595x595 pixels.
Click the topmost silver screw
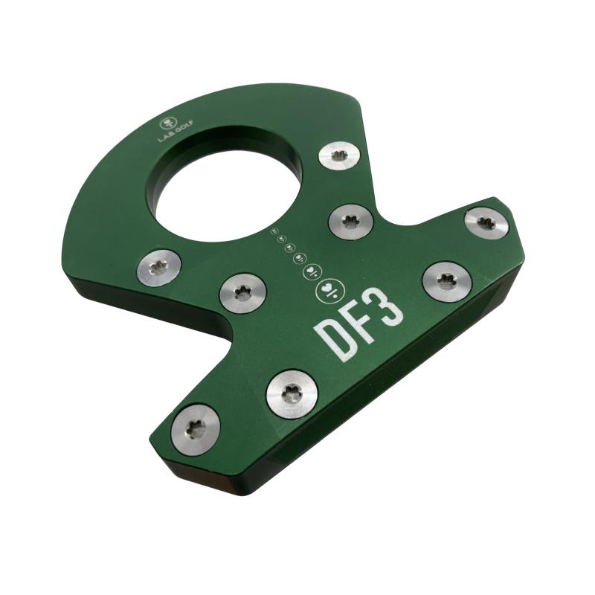[x=339, y=156]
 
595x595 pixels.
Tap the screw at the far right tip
[x=487, y=222]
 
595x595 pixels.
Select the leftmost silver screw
[x=158, y=268]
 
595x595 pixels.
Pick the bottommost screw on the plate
[x=196, y=429]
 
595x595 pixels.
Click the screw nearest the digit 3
[x=447, y=283]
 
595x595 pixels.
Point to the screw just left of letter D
[x=243, y=293]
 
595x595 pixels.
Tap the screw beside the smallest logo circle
[x=350, y=222]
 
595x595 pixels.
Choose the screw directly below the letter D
[x=292, y=395]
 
